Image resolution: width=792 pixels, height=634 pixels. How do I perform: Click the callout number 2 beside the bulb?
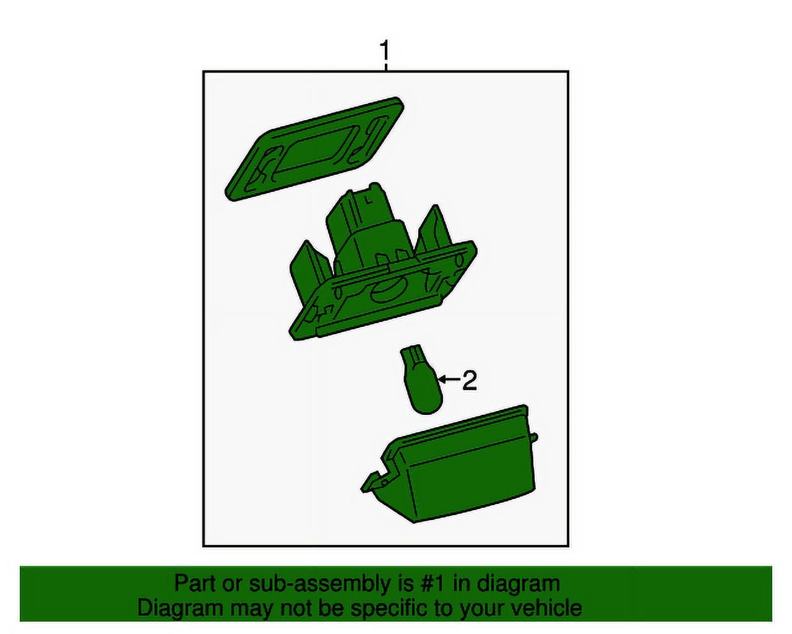coord(469,381)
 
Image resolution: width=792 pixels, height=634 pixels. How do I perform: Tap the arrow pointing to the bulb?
coord(449,379)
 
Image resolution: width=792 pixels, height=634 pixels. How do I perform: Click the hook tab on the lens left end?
coord(376,479)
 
